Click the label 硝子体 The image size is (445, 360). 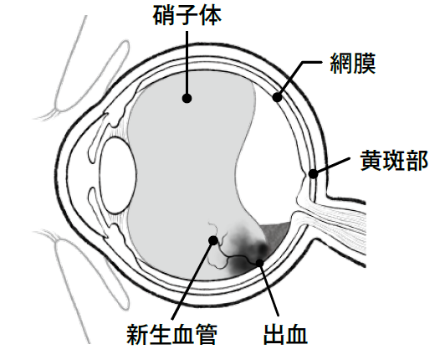click(x=187, y=16)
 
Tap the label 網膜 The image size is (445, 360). click(x=353, y=63)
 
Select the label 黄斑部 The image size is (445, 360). click(x=394, y=160)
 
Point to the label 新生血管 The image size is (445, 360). click(x=172, y=334)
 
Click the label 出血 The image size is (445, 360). click(x=286, y=334)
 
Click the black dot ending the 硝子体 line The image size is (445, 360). click(x=187, y=98)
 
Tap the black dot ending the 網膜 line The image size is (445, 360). click(x=277, y=97)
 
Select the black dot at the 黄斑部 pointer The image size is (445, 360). click(x=313, y=173)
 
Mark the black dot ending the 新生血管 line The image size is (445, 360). click(x=213, y=240)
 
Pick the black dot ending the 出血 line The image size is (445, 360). click(x=259, y=263)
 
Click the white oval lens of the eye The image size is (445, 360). click(x=117, y=175)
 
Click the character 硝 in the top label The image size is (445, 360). click(x=164, y=16)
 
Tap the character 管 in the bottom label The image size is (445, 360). click(x=207, y=334)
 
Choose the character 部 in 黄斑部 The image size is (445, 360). click(x=417, y=160)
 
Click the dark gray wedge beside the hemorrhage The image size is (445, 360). click(x=275, y=233)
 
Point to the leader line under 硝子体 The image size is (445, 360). click(x=187, y=63)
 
